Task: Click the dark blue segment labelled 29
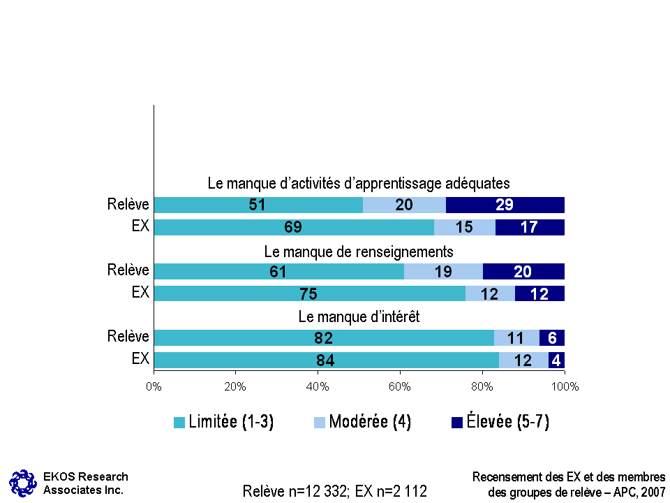pos(505,205)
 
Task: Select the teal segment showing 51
pos(258,205)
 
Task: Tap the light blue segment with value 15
pos(465,227)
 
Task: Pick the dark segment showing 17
pos(530,227)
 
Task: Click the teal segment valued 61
pos(278,271)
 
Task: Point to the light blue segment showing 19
pos(443,271)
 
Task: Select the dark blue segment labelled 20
pos(523,271)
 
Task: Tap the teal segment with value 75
pos(309,293)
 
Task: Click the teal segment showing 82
pos(323,338)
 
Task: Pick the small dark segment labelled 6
pos(552,338)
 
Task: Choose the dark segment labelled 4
pos(556,360)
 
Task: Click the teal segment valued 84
pos(326,360)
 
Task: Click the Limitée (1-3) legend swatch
pos(179,423)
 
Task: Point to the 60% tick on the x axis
pos(400,385)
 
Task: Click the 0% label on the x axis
pos(154,385)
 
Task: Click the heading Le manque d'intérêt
pos(359,316)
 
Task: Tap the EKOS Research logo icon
pos(22,482)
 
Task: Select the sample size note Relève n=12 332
pos(294,491)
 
